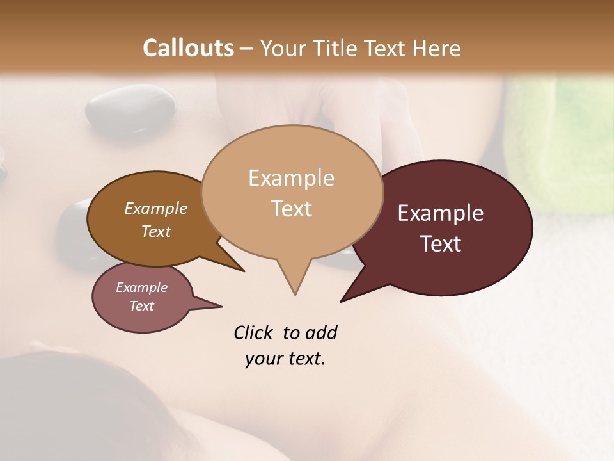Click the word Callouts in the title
pos(188,48)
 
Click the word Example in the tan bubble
pos(292,177)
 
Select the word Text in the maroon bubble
pos(441,244)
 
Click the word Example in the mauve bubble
pos(141,287)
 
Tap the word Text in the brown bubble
pos(156,231)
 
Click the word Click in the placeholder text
pos(254,332)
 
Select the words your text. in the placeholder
pos(285,359)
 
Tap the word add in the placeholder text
pos(322,332)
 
